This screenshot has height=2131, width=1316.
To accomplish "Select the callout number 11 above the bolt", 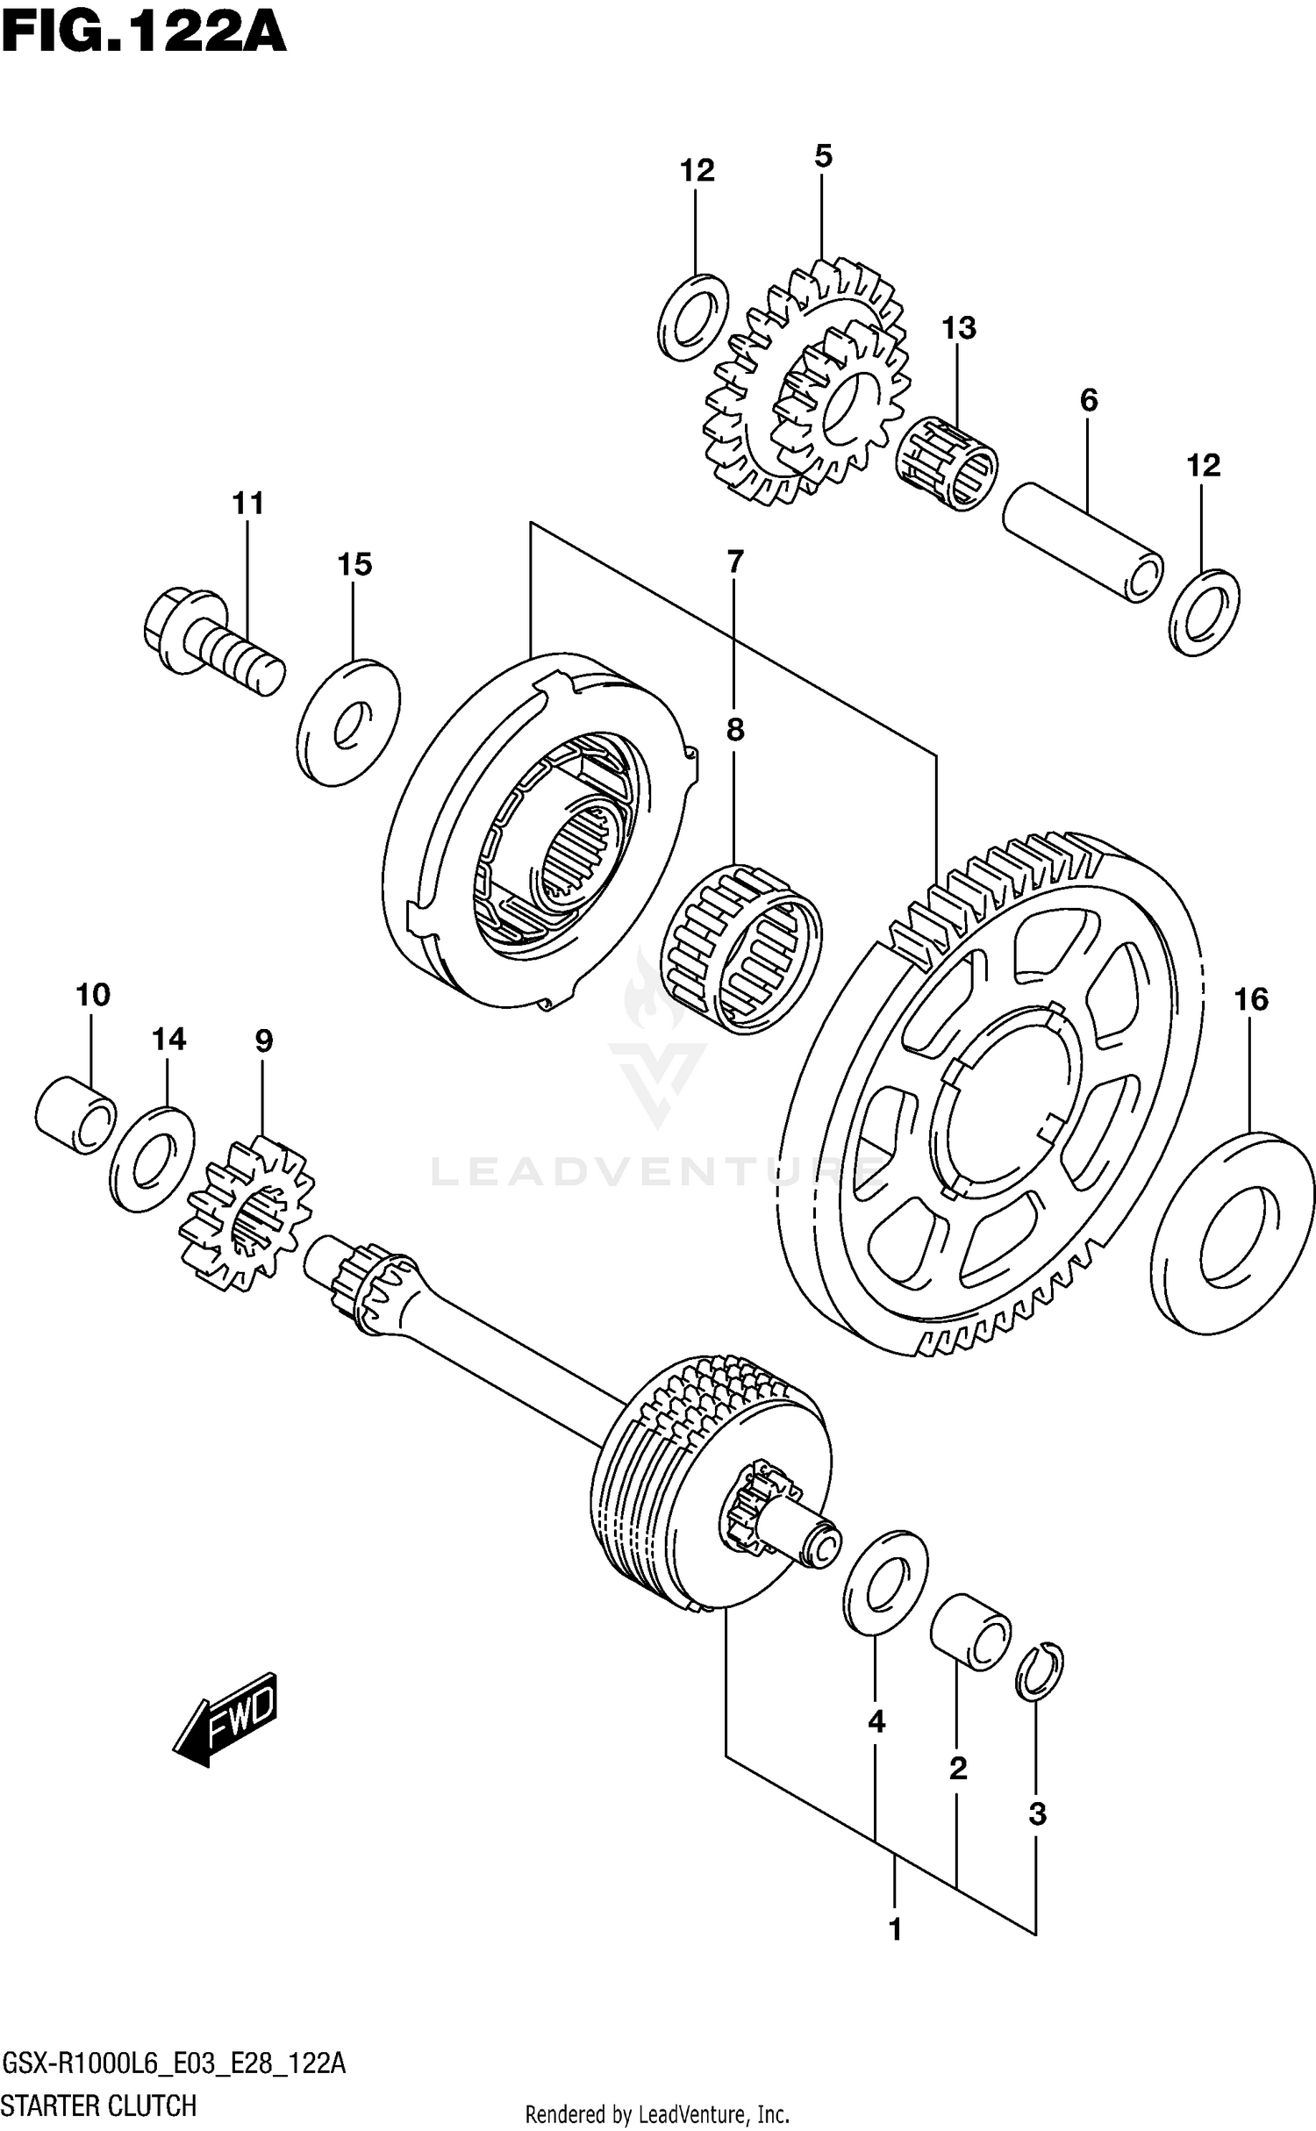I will click(248, 504).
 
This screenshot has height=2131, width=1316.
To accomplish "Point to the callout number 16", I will click(1251, 998).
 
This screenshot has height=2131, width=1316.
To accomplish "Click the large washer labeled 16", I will click(1233, 1233).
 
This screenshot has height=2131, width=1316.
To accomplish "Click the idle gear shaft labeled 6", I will click(1083, 541).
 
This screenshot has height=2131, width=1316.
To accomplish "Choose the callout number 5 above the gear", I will click(822, 156).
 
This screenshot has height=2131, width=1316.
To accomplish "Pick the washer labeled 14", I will click(153, 1161).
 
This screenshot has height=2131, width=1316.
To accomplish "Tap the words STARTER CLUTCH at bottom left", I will click(99, 2104).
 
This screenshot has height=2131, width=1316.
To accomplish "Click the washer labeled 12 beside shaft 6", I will click(1204, 611).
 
